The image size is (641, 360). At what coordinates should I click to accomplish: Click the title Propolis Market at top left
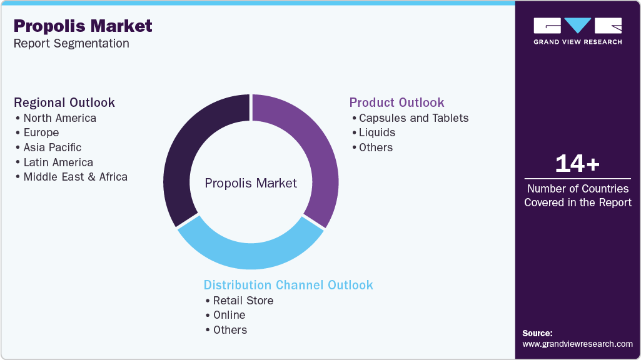[83, 26]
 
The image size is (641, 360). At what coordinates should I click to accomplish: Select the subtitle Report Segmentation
[71, 44]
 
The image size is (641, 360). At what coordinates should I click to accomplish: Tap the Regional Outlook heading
[64, 102]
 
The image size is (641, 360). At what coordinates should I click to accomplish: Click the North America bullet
[59, 118]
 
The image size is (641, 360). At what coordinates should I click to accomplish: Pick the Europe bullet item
[41, 132]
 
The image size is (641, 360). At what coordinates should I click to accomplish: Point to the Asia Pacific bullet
[52, 147]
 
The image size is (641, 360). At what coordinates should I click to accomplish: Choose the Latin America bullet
[58, 162]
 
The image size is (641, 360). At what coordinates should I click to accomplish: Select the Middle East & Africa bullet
[75, 177]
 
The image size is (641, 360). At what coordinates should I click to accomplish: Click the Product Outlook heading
[396, 102]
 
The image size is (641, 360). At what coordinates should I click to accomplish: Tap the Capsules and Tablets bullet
[413, 118]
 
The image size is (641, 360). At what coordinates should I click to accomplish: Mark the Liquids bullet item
[377, 132]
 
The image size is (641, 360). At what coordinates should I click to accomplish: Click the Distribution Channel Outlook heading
[288, 285]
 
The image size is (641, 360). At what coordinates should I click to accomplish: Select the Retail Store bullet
[243, 301]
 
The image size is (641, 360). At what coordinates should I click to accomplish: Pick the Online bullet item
[229, 315]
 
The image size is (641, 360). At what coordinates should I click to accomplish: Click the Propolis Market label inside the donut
[251, 183]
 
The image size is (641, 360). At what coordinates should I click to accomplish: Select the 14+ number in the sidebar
[577, 164]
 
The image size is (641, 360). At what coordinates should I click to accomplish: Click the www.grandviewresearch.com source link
[577, 344]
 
